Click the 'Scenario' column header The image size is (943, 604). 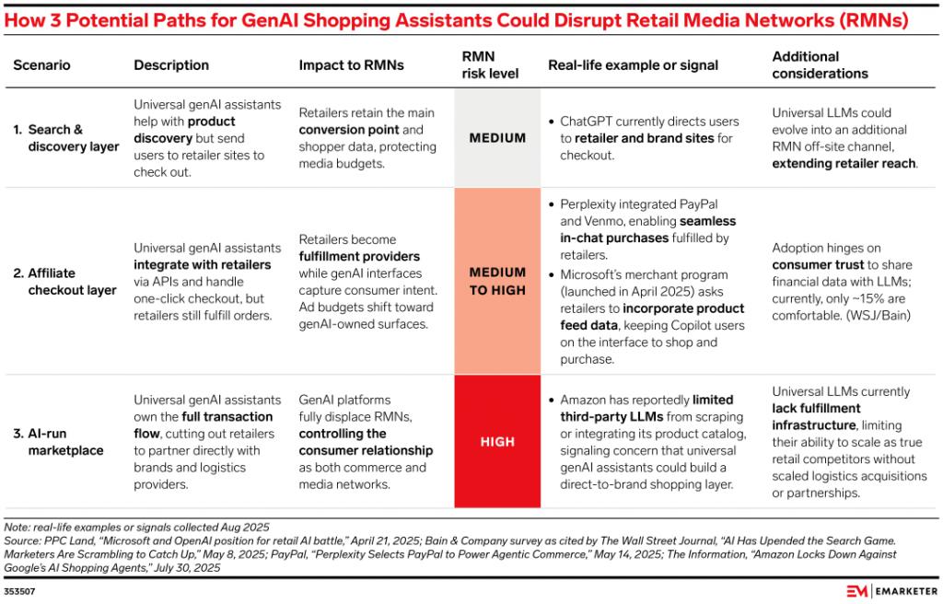[41, 65]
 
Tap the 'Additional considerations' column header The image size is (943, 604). [807, 64]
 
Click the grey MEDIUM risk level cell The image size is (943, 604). [497, 138]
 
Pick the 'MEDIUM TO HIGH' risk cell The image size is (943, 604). [497, 281]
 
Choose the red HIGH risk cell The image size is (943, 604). [497, 442]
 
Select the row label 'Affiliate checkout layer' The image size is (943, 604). [64, 281]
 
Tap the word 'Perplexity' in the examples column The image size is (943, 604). [591, 204]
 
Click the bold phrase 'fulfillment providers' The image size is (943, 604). [359, 256]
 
